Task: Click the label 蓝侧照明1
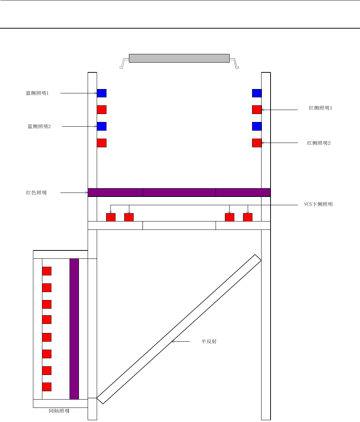click(x=37, y=93)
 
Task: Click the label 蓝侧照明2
click(x=39, y=126)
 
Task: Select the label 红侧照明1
click(x=321, y=108)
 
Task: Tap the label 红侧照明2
click(x=319, y=143)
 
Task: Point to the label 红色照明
click(x=36, y=193)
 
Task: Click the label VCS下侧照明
click(x=318, y=204)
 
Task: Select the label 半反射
click(x=209, y=341)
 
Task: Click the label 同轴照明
click(x=59, y=411)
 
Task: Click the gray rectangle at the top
click(x=179, y=58)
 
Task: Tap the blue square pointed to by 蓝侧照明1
click(x=101, y=93)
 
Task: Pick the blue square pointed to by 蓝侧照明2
click(x=101, y=126)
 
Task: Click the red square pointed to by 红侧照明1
click(x=257, y=109)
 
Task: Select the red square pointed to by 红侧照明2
click(x=257, y=143)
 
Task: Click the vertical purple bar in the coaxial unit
click(x=74, y=329)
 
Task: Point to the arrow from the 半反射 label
click(x=180, y=341)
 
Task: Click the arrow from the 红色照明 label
click(x=74, y=193)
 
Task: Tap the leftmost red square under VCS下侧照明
click(x=110, y=217)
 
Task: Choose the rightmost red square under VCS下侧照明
click(x=248, y=217)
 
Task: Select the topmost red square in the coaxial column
click(x=47, y=271)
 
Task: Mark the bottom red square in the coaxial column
click(x=47, y=387)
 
